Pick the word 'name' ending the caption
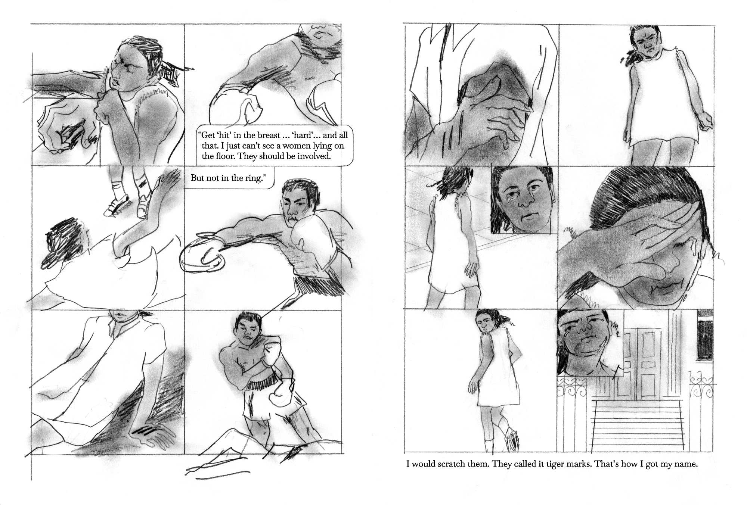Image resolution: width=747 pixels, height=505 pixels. [x=687, y=465]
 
